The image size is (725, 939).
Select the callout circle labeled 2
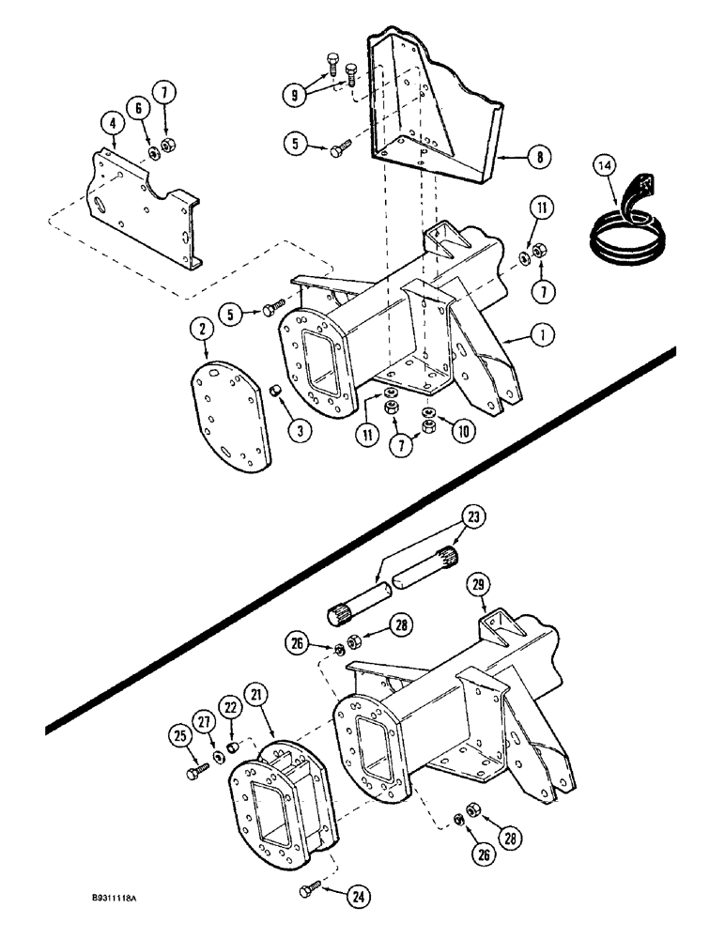tap(198, 329)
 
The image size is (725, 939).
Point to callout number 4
tap(112, 123)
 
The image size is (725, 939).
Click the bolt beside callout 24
tap(312, 889)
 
